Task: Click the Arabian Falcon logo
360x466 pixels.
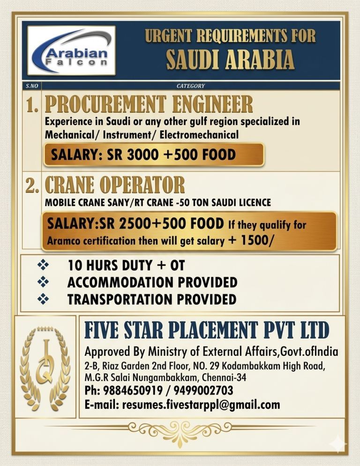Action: [71, 50]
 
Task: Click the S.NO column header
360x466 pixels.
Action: [32, 86]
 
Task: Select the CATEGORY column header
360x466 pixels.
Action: [190, 86]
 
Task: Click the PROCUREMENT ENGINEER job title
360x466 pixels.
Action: [149, 104]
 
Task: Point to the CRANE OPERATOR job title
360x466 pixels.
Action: [114, 185]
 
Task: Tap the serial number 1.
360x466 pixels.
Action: [32, 104]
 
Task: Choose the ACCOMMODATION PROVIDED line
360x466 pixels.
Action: [152, 282]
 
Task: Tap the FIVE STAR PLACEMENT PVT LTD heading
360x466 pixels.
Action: [207, 330]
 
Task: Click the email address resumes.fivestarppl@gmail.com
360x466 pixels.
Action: [201, 404]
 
